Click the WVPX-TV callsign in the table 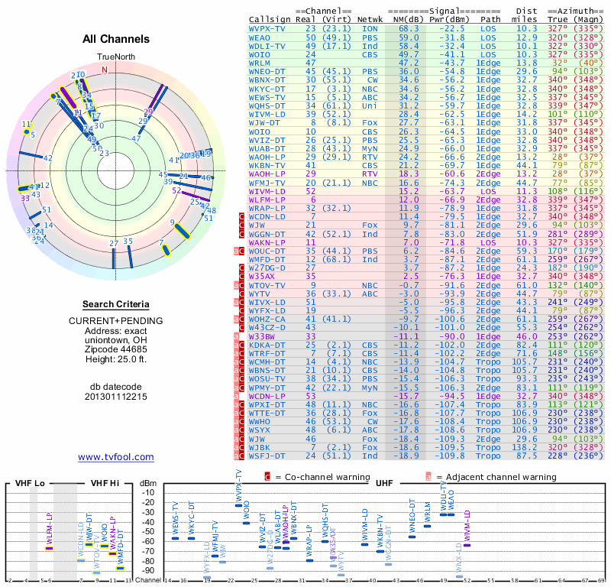[x=267, y=28]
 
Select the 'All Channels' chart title [x=115, y=39]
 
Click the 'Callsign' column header [x=270, y=19]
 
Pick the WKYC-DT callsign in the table [x=267, y=88]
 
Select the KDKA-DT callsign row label [x=267, y=345]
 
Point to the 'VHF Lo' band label [x=30, y=483]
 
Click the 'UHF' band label [x=384, y=483]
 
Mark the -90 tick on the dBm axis [x=150, y=570]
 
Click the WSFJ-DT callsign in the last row [x=267, y=456]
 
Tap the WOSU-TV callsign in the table [x=267, y=378]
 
